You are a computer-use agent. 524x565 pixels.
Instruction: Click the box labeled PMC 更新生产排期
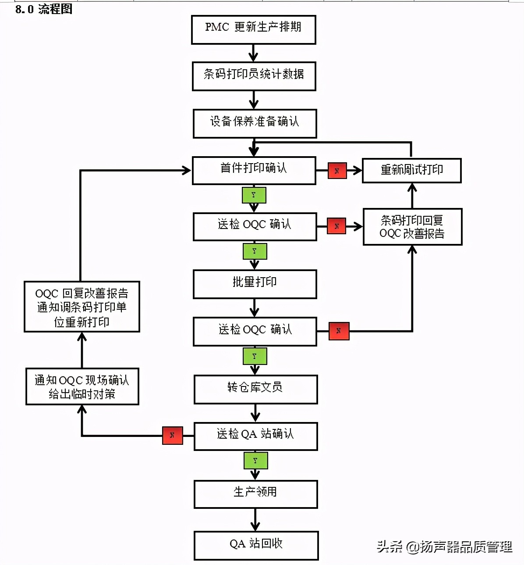253,29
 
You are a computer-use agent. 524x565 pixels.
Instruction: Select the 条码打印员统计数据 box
254,76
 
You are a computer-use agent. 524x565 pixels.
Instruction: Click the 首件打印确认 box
254,170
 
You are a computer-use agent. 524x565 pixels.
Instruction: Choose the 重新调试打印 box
411,170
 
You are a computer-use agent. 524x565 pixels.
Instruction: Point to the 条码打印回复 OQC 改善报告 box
412,227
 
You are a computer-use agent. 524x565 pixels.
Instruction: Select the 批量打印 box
255,284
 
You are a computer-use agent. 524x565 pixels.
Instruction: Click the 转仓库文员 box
255,389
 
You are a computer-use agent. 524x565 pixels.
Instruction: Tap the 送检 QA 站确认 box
255,436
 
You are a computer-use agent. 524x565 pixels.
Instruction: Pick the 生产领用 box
255,494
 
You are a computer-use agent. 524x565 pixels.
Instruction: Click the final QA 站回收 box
256,545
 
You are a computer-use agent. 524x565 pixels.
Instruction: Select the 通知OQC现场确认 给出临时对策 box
82,386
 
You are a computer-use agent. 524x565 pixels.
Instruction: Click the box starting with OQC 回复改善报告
82,307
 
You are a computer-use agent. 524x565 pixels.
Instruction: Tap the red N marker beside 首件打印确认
337,171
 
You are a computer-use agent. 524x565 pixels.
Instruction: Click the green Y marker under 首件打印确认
254,195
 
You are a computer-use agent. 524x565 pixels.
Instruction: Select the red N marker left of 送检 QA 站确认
172,435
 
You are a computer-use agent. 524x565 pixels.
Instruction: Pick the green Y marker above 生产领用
255,461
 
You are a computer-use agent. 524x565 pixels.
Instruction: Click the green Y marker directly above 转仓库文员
255,356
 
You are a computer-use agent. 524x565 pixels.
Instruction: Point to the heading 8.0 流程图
44,9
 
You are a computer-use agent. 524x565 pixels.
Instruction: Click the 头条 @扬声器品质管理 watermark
444,547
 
